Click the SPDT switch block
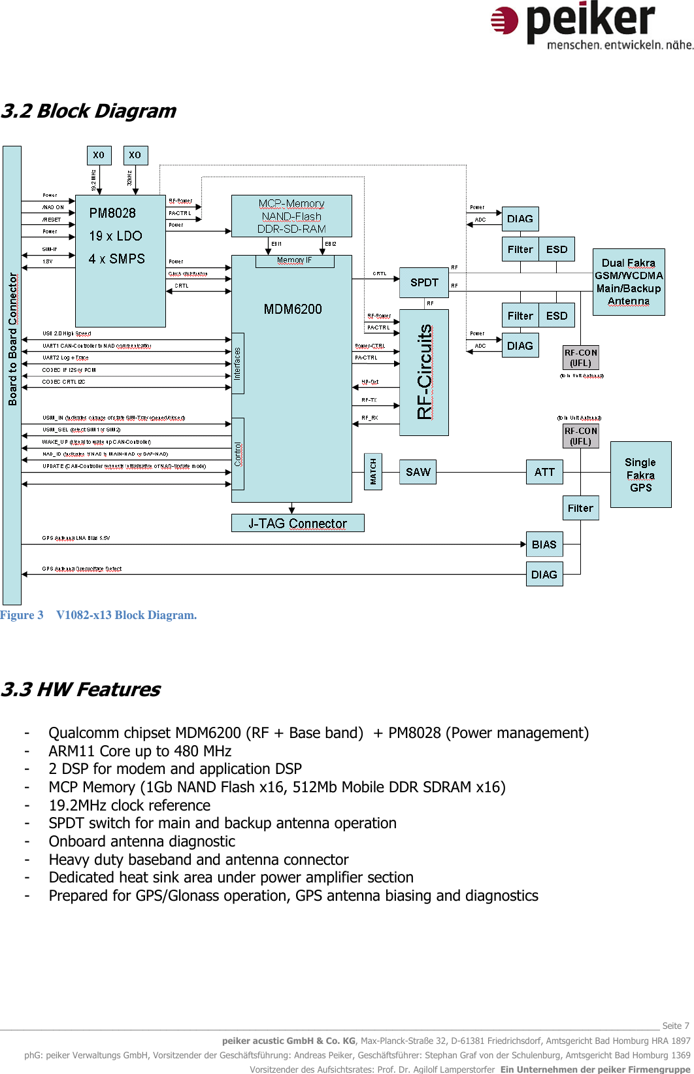pyautogui.click(x=424, y=282)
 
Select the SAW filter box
pyautogui.click(x=418, y=472)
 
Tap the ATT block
pyautogui.click(x=544, y=472)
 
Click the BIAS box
pyautogui.click(x=544, y=545)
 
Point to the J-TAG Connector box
pyautogui.click(x=297, y=524)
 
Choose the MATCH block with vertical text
pyautogui.click(x=373, y=471)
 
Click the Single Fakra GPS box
pyautogui.click(x=640, y=475)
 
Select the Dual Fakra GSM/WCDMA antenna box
pyautogui.click(x=629, y=282)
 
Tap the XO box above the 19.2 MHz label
pyautogui.click(x=99, y=155)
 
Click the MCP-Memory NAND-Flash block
pyautogui.click(x=291, y=216)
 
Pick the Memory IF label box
pyautogui.click(x=295, y=261)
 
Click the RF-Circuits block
pyautogui.click(x=424, y=372)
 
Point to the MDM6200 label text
pyautogui.click(x=293, y=309)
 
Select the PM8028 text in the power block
pyautogui.click(x=112, y=213)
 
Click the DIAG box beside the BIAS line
pyautogui.click(x=544, y=575)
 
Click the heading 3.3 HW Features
pyautogui.click(x=80, y=690)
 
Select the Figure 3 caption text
pyautogui.click(x=98, y=615)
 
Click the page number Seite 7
pyautogui.click(x=676, y=1026)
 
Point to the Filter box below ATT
pyautogui.click(x=580, y=508)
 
